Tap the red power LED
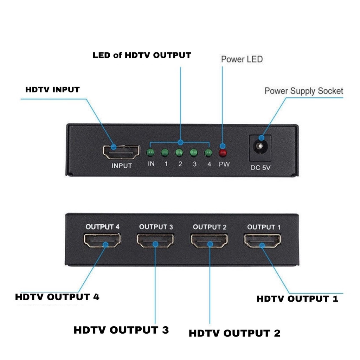223,153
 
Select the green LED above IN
151,153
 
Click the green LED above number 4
208,153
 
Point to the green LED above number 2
179,153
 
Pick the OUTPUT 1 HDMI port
262,241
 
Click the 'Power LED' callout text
242,59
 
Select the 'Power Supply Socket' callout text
304,91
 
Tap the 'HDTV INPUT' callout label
52,90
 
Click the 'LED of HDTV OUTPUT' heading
142,55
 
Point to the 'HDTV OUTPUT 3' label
121,330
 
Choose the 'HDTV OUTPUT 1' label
297,299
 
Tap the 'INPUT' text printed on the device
122,166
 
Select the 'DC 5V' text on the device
261,168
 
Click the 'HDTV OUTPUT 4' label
57,297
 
